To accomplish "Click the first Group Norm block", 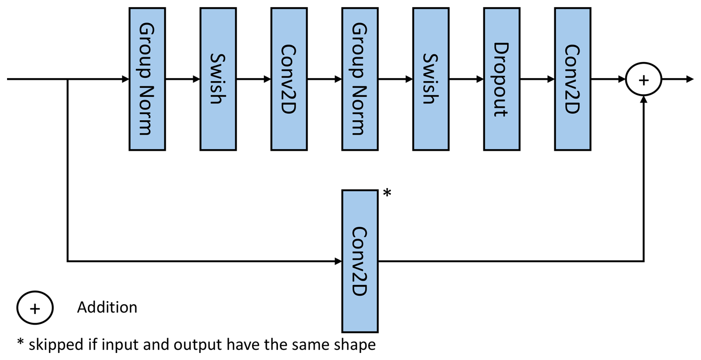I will [147, 79].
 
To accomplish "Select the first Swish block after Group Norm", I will [218, 79].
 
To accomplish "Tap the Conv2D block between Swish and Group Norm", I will [289, 79].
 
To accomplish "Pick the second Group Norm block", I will [360, 79].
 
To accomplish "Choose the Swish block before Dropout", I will [431, 79].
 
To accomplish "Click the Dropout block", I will [502, 79].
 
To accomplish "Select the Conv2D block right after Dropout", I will [572, 79].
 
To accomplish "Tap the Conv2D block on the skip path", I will [360, 261].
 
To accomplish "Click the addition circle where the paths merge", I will [644, 79].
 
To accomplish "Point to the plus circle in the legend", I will [35, 308].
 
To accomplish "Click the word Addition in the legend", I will [107, 307].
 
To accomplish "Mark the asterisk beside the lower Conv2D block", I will [387, 193].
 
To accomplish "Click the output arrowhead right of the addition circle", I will [690, 79].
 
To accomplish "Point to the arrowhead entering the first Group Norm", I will [126, 79].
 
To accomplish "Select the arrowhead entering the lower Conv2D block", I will [338, 261].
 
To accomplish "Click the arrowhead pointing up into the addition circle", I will [644, 100].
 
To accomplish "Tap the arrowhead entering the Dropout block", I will [480, 79].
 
